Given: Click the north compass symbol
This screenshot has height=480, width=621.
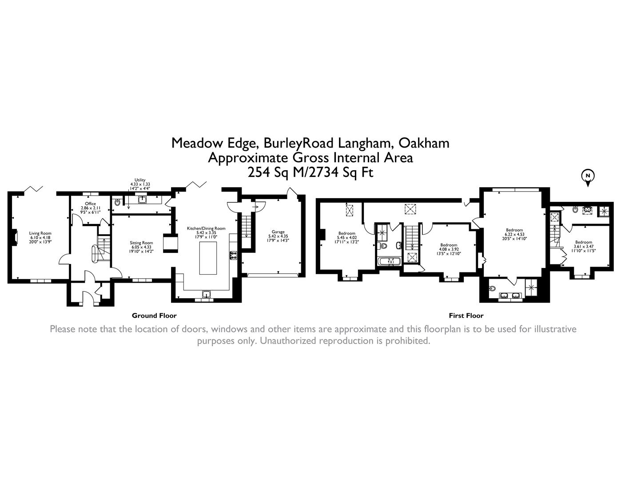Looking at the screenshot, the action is [x=588, y=177].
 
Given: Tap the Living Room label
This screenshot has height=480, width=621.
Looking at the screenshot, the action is [x=40, y=233].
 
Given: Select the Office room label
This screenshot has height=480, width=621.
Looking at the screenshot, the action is [x=90, y=204].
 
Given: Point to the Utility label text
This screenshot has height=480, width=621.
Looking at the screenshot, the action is [x=140, y=180].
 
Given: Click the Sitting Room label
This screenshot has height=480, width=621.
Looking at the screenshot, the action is [x=141, y=243].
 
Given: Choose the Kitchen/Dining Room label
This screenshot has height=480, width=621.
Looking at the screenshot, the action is [x=206, y=228].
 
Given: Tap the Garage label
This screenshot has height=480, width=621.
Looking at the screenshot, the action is [x=278, y=232].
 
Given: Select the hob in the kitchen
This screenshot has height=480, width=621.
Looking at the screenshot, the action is [x=233, y=255].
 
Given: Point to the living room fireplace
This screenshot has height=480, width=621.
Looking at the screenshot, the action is [x=15, y=237].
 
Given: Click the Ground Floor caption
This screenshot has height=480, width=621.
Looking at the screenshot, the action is [x=154, y=316].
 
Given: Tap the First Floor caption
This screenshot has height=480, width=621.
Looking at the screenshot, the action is [x=466, y=316].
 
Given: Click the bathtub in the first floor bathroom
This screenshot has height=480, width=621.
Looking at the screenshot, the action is [x=390, y=261].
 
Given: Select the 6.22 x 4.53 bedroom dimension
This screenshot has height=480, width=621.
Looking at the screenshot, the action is [x=514, y=234].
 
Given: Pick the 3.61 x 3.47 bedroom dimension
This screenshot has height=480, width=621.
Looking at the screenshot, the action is [x=584, y=246].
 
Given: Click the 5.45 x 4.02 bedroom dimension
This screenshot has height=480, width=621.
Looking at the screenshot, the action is [x=346, y=238].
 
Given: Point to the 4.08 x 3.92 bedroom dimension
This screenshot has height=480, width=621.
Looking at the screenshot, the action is [x=449, y=249].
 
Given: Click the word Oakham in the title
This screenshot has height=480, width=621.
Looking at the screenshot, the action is [x=424, y=143].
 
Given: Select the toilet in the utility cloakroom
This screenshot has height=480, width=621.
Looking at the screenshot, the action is [x=117, y=202].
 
